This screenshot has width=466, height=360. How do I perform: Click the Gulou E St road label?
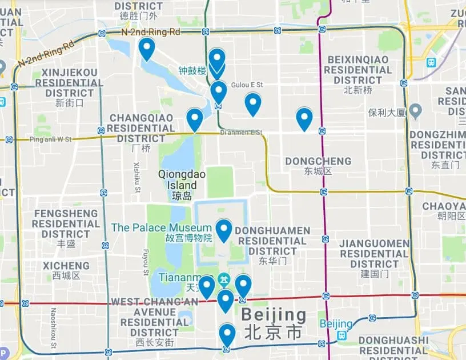(x=247, y=85)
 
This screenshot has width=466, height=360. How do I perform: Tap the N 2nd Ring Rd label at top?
(x=151, y=32)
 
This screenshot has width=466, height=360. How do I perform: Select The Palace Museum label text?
(x=161, y=227)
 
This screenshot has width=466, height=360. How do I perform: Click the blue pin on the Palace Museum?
(x=223, y=230)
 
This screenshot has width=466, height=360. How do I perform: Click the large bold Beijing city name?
(x=274, y=315)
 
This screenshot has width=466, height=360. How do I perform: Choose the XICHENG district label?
(x=66, y=266)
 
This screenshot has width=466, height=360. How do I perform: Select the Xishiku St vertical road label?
(x=137, y=177)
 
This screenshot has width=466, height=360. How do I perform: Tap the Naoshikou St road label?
(x=53, y=328)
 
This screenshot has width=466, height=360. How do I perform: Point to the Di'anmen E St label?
(x=241, y=133)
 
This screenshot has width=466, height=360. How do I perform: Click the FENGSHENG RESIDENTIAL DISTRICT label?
(x=66, y=223)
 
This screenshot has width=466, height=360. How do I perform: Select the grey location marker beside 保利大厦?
(x=416, y=109)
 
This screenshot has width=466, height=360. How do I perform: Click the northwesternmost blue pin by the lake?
(x=147, y=48)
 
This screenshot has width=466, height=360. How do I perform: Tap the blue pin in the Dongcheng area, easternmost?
(x=304, y=118)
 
